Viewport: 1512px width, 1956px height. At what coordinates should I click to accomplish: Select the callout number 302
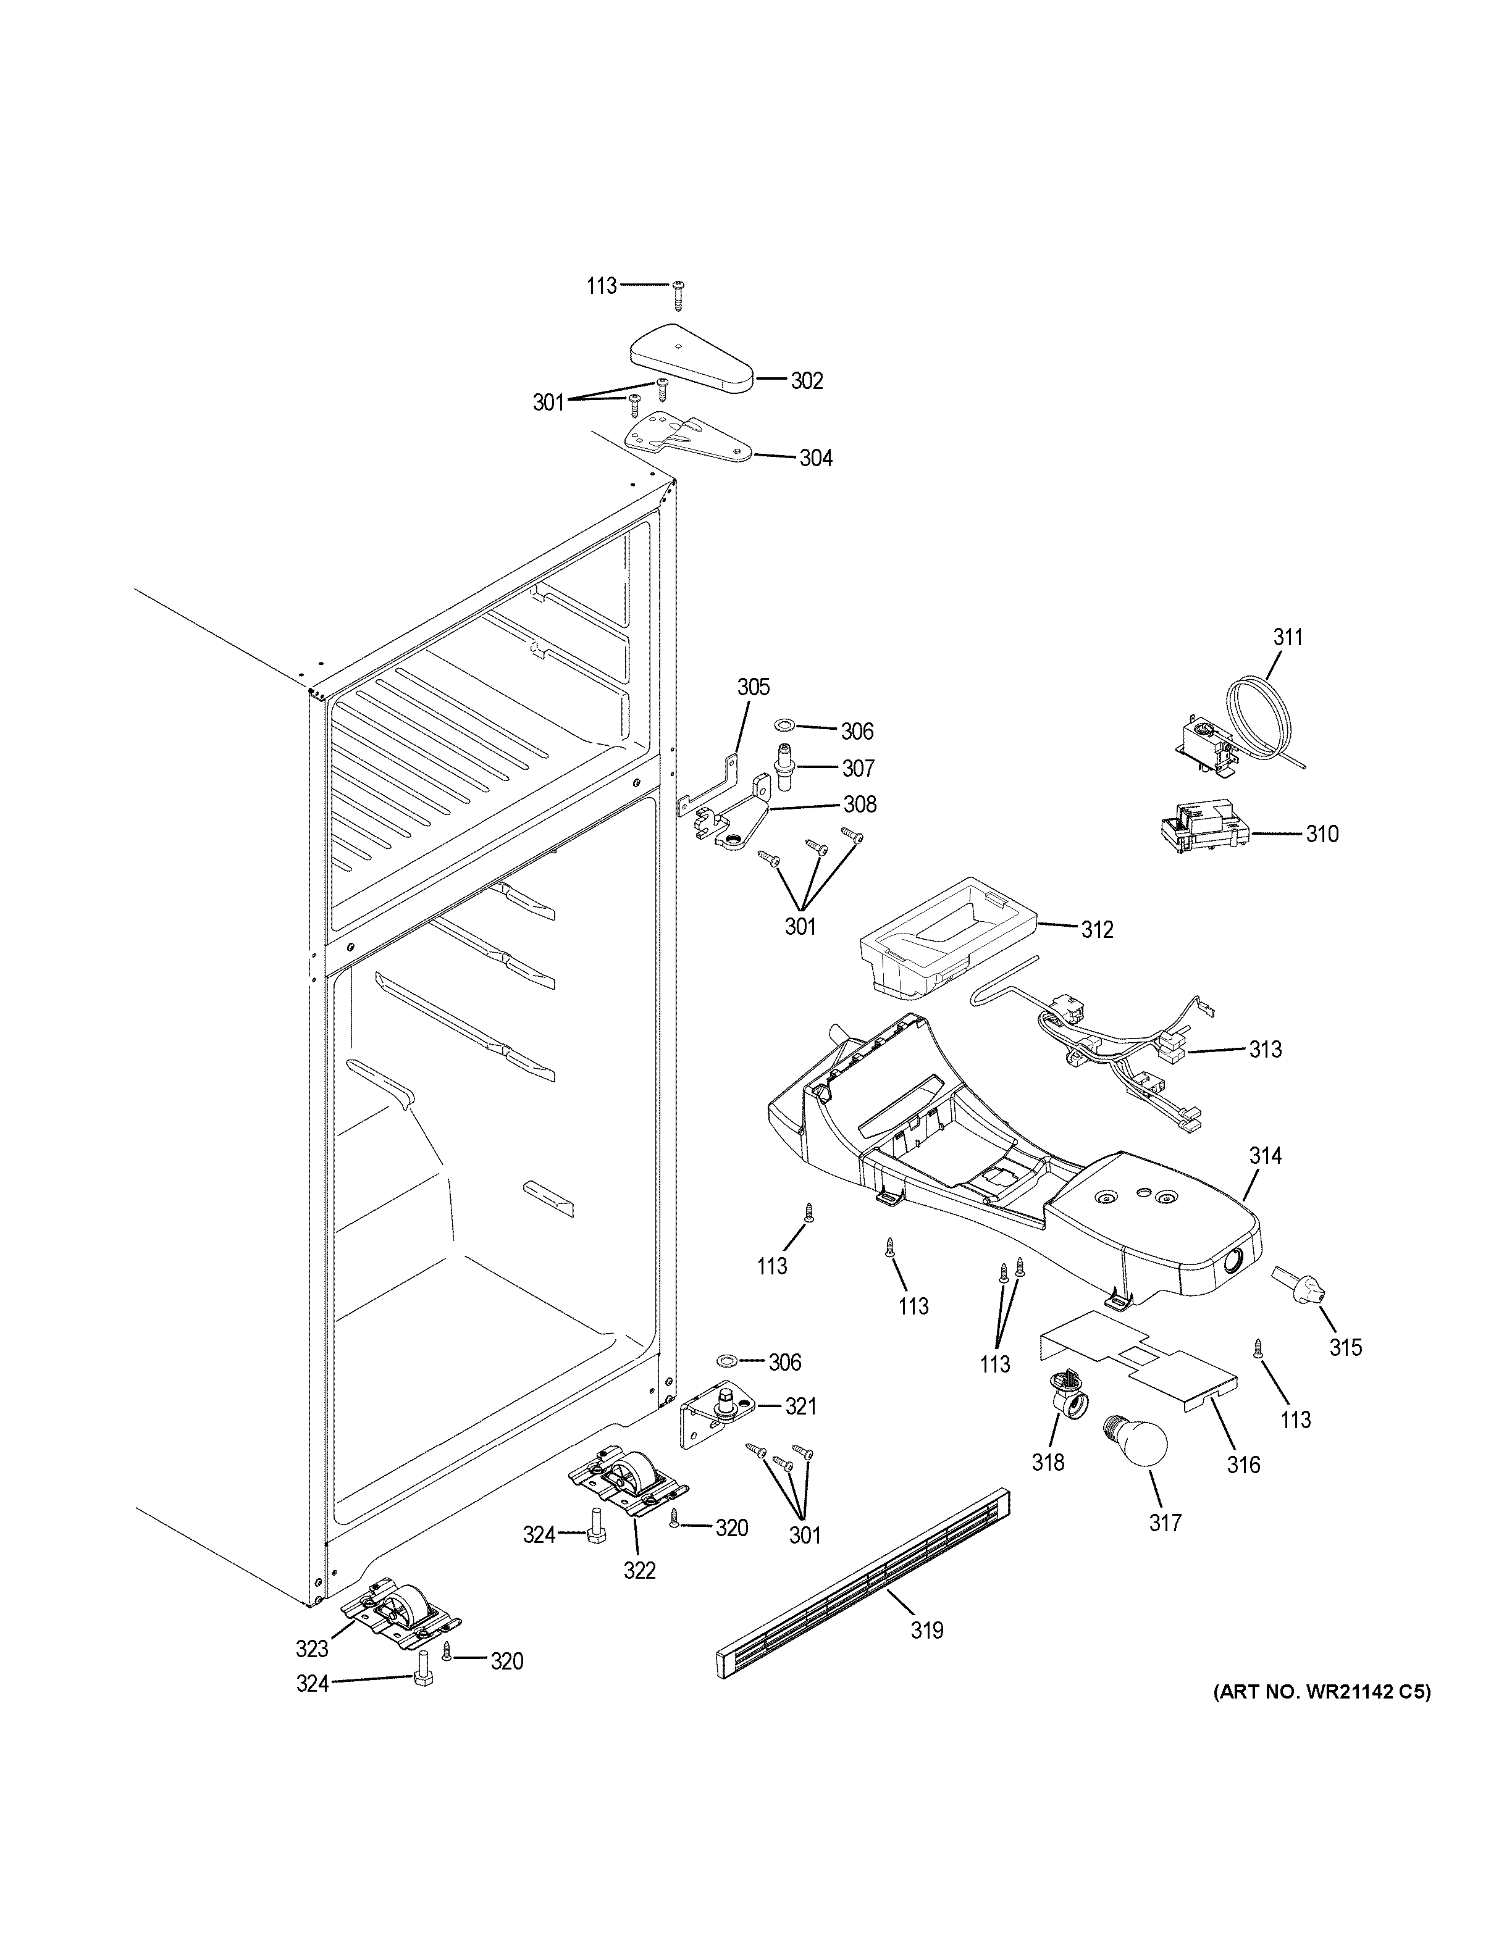click(x=805, y=380)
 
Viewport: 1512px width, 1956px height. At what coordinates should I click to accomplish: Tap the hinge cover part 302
click(x=691, y=358)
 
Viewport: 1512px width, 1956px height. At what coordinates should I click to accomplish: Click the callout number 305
click(x=754, y=687)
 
